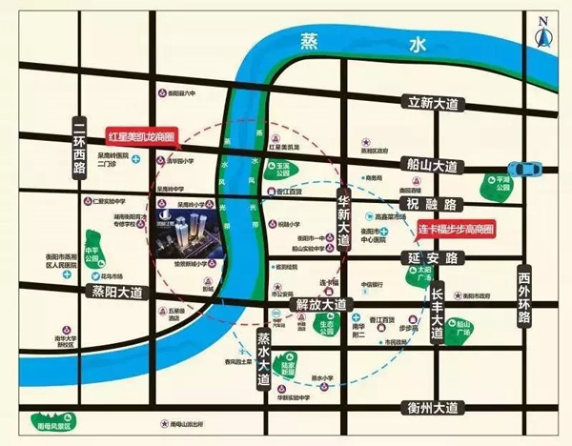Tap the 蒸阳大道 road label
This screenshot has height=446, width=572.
[x=115, y=291]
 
